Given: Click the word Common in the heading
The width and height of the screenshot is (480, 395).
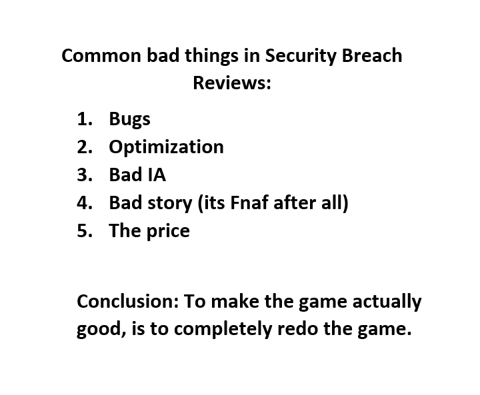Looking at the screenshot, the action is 101,56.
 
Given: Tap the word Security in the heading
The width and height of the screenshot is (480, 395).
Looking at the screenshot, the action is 300,57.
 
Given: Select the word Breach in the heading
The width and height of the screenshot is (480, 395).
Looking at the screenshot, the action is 372,55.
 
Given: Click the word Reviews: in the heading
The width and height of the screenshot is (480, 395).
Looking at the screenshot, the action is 232,83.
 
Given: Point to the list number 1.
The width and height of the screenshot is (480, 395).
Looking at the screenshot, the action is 85,119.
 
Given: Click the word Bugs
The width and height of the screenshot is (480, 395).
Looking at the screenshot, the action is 130,120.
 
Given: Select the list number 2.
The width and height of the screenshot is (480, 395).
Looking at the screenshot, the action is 85,147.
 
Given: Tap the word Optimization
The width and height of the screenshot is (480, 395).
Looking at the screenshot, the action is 167,147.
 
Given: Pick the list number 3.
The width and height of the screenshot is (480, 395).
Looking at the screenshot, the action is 85,175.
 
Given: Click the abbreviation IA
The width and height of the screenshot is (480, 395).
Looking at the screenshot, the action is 157,175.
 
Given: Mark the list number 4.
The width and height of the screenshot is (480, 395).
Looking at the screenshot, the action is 85,202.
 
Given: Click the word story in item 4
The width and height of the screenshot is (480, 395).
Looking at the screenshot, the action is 170,204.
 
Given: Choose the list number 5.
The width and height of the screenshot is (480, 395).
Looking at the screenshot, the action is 85,230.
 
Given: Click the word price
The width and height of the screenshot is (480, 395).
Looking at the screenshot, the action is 168,232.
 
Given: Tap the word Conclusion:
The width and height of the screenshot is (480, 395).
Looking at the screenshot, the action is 127,301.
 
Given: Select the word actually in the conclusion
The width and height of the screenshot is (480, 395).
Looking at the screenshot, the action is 387,302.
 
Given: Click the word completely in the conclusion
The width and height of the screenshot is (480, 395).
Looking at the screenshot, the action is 223,330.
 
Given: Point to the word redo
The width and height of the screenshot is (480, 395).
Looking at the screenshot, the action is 297,328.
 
